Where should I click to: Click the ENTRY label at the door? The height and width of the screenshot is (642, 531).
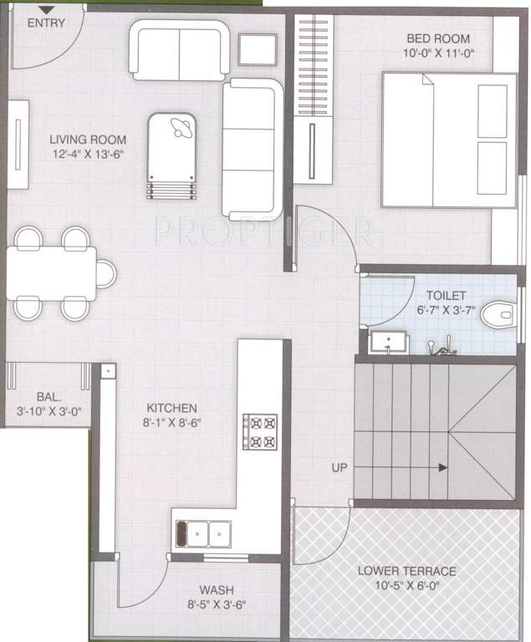click(x=46, y=23)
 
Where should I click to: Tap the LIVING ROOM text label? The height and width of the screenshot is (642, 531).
click(x=87, y=140)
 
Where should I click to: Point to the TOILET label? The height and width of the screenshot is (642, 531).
click(x=446, y=296)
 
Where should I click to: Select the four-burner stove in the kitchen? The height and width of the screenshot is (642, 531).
click(x=259, y=431)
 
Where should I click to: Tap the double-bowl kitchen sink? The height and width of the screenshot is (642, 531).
click(x=202, y=531)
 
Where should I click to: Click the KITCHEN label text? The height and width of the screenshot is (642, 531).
click(x=170, y=408)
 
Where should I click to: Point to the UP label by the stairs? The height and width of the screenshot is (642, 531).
click(x=340, y=466)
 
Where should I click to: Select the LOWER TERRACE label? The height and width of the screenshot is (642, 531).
click(x=406, y=571)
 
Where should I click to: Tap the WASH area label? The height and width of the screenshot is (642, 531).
click(x=216, y=588)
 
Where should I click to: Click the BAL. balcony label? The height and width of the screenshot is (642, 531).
click(x=48, y=396)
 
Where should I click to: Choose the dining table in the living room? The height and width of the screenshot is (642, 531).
click(x=52, y=273)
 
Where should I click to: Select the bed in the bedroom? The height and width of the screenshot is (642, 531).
click(x=449, y=138)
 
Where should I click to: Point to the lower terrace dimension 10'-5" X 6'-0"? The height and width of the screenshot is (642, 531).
click(x=406, y=587)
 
